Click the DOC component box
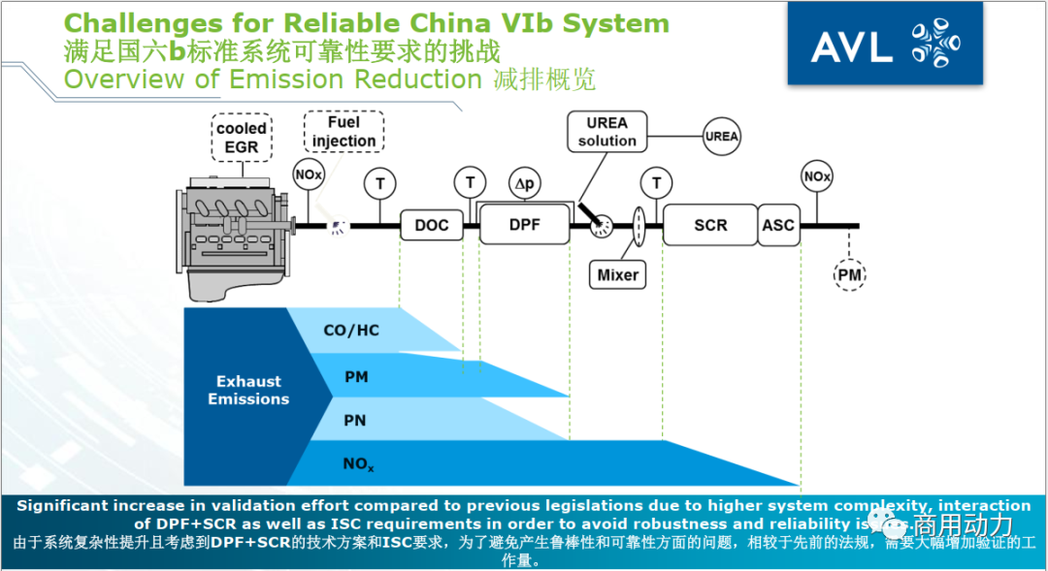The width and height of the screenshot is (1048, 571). (432, 225)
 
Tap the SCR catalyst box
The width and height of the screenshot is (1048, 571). (709, 225)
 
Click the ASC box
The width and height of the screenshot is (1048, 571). (777, 225)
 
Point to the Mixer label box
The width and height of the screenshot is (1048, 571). (618, 274)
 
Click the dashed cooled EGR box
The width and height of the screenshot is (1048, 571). (242, 137)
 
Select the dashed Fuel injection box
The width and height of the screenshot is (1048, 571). (344, 132)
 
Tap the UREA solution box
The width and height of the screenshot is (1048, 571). (607, 132)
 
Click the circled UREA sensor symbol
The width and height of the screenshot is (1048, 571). (722, 137)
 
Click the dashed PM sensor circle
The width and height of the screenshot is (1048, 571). (850, 276)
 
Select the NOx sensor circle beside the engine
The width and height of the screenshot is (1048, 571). (309, 175)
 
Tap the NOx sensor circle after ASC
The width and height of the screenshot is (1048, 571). (817, 177)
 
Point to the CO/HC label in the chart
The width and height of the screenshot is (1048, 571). (351, 331)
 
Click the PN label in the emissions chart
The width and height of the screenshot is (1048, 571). (356, 420)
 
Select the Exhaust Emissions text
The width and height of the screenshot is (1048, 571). (248, 391)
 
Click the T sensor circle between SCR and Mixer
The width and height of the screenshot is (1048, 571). (657, 182)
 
